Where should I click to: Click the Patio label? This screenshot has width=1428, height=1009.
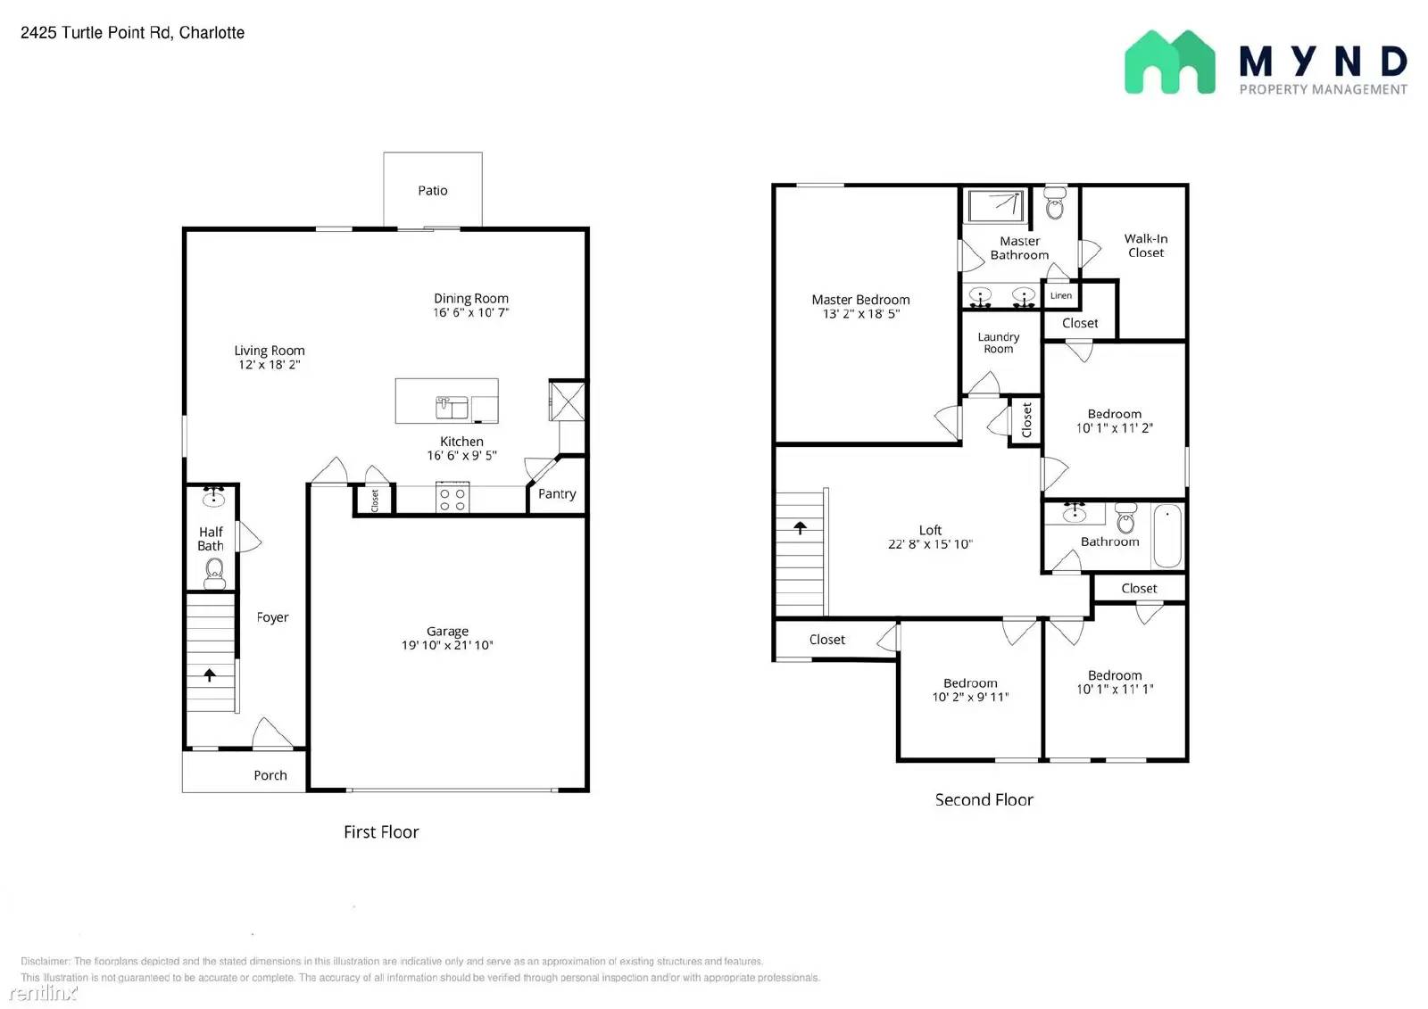click(432, 190)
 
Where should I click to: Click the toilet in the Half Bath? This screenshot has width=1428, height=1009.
click(214, 572)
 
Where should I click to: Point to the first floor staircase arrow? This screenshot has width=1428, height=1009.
click(210, 675)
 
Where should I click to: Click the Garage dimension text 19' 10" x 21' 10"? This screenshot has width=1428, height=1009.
click(447, 645)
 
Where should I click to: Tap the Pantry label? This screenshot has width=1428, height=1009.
click(557, 493)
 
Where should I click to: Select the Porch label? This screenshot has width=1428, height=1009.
click(270, 775)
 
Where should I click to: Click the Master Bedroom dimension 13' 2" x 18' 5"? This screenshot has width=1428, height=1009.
click(860, 314)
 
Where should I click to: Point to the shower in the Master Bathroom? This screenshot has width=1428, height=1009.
click(996, 206)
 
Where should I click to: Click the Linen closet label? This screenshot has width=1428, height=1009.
click(1060, 295)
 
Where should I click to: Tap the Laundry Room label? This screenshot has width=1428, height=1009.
click(998, 343)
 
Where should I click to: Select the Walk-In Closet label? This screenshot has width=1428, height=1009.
click(1145, 245)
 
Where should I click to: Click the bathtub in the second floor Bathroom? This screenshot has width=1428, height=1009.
click(1166, 536)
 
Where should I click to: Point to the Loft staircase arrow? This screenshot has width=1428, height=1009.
click(800, 528)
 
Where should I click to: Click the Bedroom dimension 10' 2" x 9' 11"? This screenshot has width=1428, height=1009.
click(970, 697)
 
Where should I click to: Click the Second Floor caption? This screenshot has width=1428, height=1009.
click(984, 799)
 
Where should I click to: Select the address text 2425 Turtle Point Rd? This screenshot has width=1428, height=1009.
click(132, 33)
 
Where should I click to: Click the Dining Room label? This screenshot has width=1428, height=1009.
click(471, 298)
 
